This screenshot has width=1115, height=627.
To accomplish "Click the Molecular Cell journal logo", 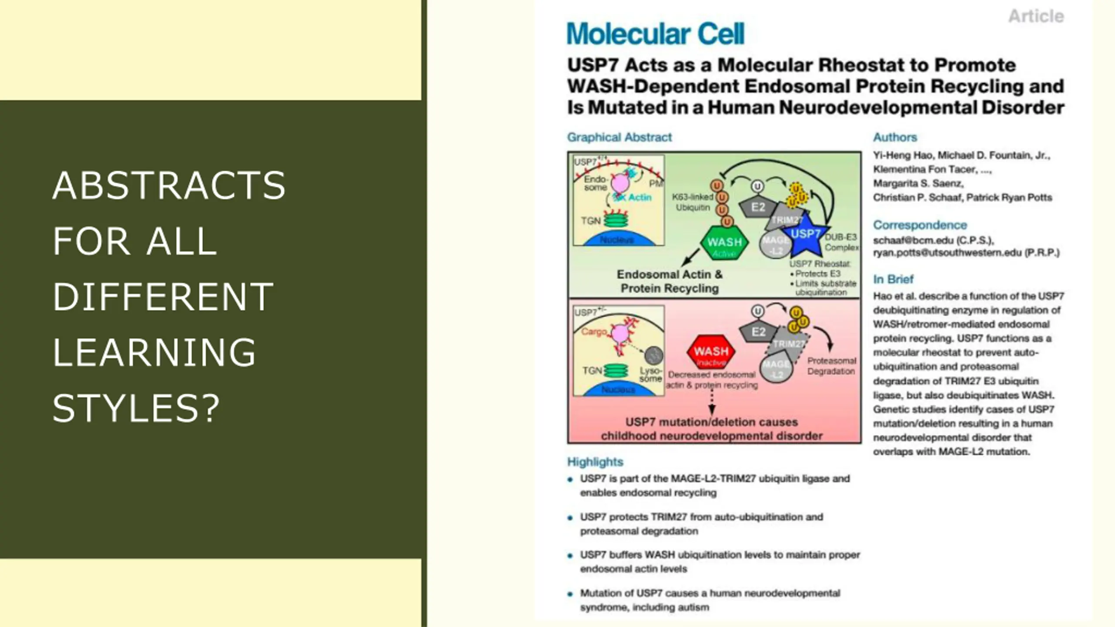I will [x=655, y=34].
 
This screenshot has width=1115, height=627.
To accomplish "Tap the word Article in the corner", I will [x=1036, y=17].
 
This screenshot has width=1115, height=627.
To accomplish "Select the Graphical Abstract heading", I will [x=619, y=137].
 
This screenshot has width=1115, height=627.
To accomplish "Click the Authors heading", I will [x=895, y=137].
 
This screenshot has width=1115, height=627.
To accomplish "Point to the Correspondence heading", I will [x=919, y=225].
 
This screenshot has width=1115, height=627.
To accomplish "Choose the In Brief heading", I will [x=893, y=279].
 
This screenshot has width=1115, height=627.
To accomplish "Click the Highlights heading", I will [x=595, y=462].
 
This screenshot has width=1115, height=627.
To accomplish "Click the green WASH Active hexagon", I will [x=724, y=244].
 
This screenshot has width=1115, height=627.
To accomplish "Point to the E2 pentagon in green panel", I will [x=758, y=207].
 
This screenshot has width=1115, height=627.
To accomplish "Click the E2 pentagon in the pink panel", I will [x=758, y=332].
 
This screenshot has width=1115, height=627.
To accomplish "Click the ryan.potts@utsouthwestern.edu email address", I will [x=966, y=253].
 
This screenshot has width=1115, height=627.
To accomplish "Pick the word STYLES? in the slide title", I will [x=136, y=408].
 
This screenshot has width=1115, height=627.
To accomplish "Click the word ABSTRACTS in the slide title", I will [x=169, y=185].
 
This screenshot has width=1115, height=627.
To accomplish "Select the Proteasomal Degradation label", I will [x=831, y=366].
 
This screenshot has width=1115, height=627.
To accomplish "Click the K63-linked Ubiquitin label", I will [x=693, y=202].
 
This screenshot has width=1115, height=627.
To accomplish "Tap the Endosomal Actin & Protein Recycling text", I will [x=669, y=281].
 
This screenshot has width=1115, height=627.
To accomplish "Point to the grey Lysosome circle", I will [x=653, y=355].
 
